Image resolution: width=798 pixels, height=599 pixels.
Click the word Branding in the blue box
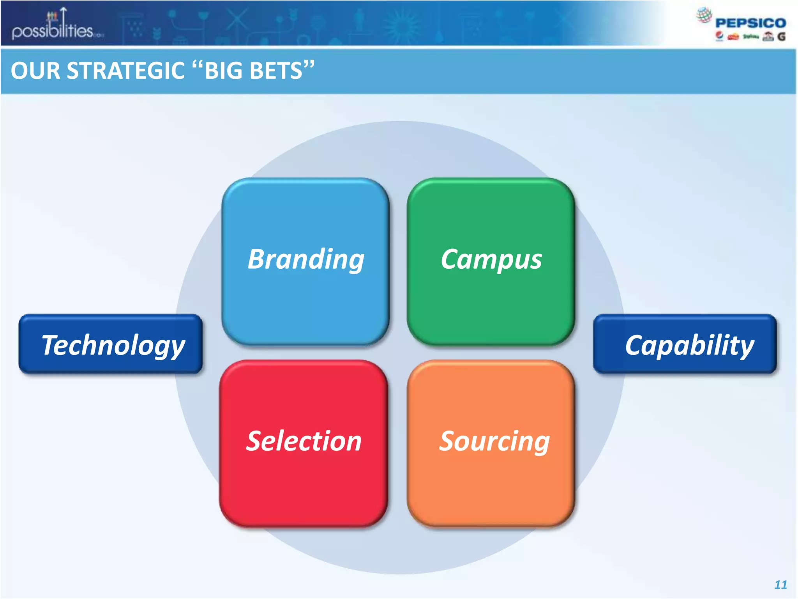(306, 259)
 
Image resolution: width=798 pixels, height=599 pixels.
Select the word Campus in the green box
(491, 259)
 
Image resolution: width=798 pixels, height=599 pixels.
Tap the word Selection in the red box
(304, 441)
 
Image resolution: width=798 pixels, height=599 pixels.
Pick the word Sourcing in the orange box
(494, 441)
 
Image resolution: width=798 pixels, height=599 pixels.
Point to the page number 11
(780, 585)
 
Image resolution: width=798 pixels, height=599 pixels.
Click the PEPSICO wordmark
(750, 23)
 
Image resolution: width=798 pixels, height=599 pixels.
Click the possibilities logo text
(53, 31)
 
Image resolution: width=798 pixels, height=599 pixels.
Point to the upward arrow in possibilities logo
(64, 16)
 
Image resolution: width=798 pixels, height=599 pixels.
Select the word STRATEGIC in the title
(125, 71)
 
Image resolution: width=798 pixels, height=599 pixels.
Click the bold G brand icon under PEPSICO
(781, 37)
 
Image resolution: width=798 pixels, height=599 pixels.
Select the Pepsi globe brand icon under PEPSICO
(719, 36)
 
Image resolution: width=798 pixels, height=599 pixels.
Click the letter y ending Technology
(177, 348)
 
